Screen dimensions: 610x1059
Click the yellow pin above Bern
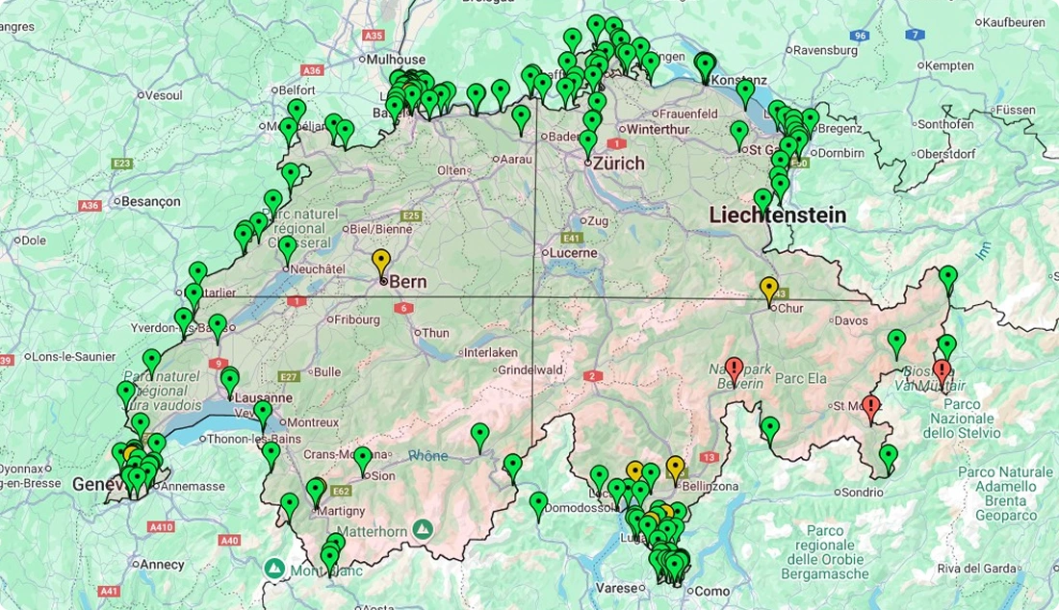click(x=381, y=261)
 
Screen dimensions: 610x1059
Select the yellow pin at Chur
click(x=768, y=288)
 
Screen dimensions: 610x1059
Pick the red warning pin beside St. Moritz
click(x=871, y=407)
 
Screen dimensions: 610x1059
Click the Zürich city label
click(x=618, y=164)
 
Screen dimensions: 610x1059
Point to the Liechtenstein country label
click(x=777, y=215)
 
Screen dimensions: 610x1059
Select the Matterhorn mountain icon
click(x=423, y=528)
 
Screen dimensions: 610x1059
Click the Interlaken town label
click(x=491, y=352)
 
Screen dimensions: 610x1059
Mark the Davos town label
click(x=851, y=320)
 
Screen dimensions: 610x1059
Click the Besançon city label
click(x=150, y=201)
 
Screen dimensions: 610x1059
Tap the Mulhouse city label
click(x=396, y=60)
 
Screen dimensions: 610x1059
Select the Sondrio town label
click(x=862, y=493)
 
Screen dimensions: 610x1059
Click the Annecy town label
click(x=163, y=564)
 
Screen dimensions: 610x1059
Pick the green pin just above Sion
click(x=362, y=459)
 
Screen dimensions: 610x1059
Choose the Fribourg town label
click(x=356, y=319)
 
